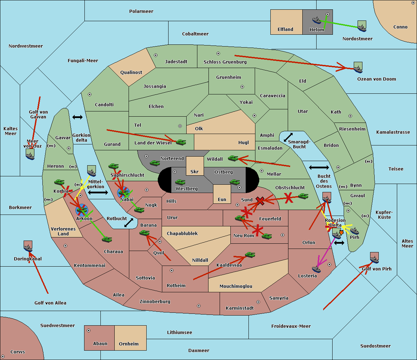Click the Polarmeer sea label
[141, 11]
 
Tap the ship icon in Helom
[317, 20]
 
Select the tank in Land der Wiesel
[181, 142]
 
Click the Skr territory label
[194, 171]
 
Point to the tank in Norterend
[155, 163]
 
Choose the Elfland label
[285, 30]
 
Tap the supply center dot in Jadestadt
[156, 55]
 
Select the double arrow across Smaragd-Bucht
[288, 137]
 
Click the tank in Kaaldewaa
[250, 255]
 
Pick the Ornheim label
[129, 344]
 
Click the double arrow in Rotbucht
[129, 223]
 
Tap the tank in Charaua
[107, 239]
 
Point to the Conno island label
[400, 27]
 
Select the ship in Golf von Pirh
[374, 258]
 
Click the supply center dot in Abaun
[89, 330]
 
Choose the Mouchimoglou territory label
[236, 286]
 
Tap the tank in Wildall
[233, 158]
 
